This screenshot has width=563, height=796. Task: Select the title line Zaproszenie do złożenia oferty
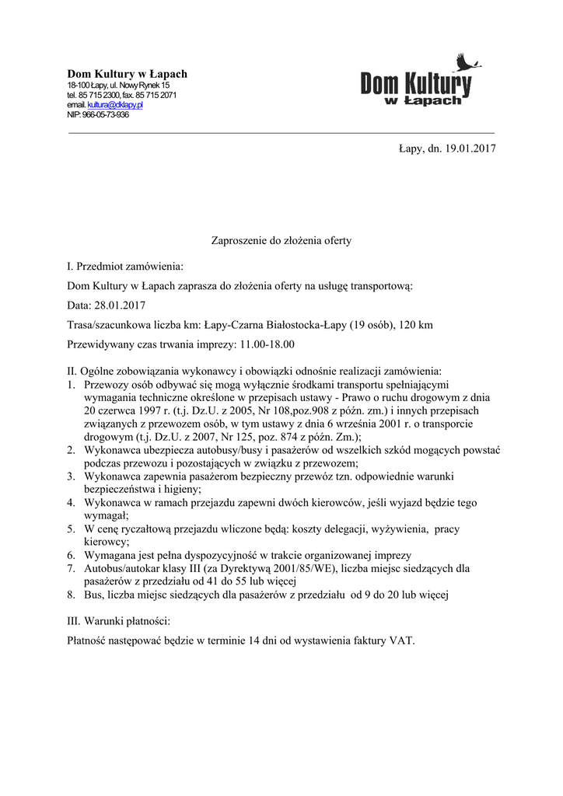[x=281, y=241]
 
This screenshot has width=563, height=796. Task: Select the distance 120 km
[x=416, y=324]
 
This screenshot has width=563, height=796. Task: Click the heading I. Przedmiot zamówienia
[x=125, y=267]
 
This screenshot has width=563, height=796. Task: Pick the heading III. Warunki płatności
[x=119, y=622]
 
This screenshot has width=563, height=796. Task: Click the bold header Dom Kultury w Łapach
[x=127, y=74]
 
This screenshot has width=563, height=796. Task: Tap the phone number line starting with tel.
[x=121, y=95]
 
